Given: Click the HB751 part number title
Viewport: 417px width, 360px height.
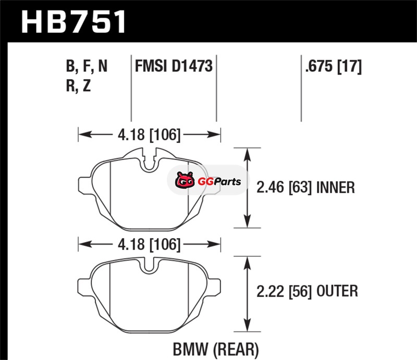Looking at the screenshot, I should point(73,22).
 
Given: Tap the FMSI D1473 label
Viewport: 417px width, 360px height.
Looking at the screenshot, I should point(173,67).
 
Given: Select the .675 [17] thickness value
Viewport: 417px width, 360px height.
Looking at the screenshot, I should point(331,67).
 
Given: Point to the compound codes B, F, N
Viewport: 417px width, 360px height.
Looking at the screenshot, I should point(87,67).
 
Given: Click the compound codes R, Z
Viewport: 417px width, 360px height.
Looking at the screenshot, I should point(79,86).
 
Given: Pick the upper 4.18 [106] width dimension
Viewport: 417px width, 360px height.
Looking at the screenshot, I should point(149,135).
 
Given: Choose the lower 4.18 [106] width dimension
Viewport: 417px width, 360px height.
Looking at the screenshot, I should point(149,244).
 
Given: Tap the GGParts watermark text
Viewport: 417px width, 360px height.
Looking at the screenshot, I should point(213,182).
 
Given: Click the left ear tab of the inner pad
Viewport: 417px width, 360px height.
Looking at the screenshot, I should point(84,183).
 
